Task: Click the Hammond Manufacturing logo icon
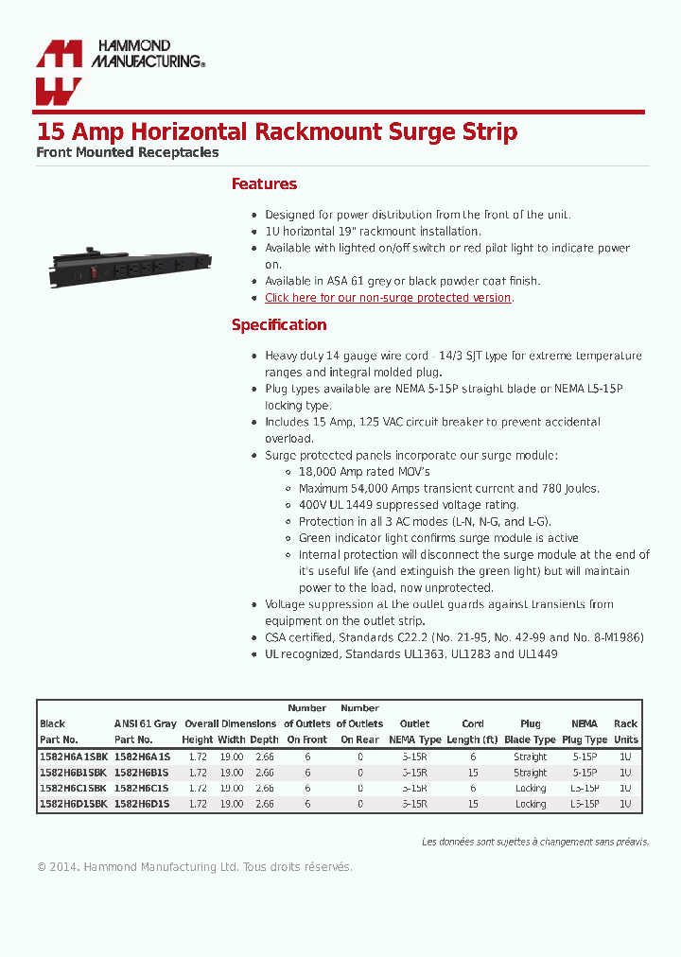[59, 73]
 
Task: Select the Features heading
[264, 184]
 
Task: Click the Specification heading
[279, 325]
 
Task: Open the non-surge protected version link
[388, 298]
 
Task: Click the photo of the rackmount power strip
[131, 267]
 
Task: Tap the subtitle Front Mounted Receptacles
[128, 152]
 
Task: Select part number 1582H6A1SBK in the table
[74, 757]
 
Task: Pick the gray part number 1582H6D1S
[142, 804]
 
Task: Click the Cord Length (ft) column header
[473, 731]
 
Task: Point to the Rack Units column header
[625, 731]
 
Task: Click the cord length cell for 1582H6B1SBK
[473, 773]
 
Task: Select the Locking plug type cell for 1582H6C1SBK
[531, 789]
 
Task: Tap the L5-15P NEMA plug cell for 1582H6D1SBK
[585, 804]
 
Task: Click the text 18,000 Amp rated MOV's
[364, 472]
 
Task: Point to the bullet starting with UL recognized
[410, 654]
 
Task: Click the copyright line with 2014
[194, 867]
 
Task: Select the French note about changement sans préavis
[535, 842]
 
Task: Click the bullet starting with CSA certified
[454, 638]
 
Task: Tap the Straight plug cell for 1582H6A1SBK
[531, 757]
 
